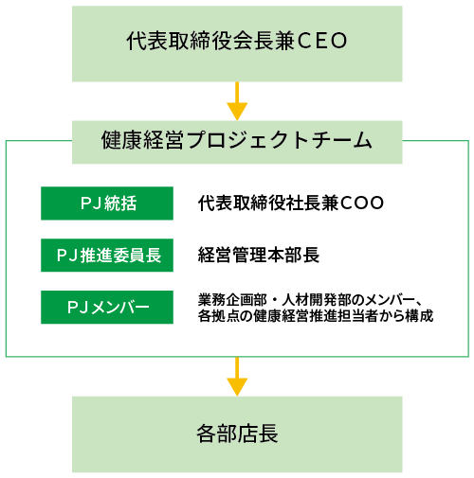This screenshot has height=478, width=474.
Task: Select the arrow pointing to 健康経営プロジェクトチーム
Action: [x=237, y=101]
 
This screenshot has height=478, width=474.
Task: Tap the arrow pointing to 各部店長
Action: [x=237, y=377]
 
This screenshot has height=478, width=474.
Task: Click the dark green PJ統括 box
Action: [x=107, y=204]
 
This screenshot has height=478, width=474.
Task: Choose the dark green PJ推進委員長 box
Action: [x=107, y=256]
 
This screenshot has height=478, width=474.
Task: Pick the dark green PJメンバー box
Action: [x=107, y=308]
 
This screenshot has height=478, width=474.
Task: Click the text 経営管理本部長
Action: [x=259, y=255]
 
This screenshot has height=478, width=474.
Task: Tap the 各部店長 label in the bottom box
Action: [x=237, y=434]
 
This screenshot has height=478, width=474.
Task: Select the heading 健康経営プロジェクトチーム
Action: [x=237, y=140]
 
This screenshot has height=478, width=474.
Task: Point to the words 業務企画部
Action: [x=232, y=300]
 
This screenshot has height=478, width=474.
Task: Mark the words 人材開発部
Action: [x=317, y=300]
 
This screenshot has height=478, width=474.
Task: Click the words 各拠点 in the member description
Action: [x=219, y=315]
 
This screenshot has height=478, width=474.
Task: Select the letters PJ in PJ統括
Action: [x=91, y=204]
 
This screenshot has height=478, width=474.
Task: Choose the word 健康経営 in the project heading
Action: [x=142, y=140]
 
